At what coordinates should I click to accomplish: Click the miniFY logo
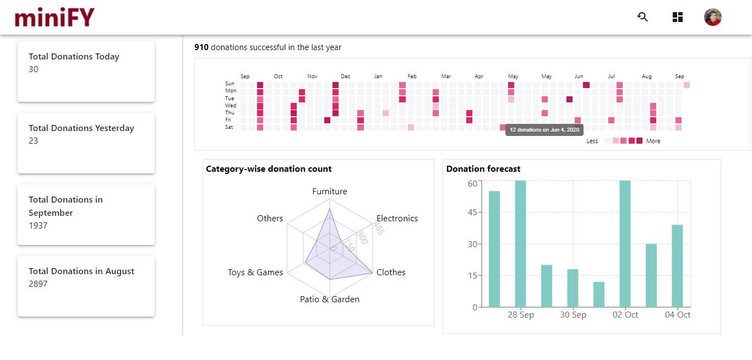(x=55, y=17)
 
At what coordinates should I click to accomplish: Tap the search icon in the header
(x=642, y=17)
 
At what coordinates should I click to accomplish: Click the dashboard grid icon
(x=678, y=17)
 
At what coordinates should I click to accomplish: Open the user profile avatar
(x=713, y=17)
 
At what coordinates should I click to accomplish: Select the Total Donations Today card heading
(x=74, y=57)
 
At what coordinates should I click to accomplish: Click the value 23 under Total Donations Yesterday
(x=34, y=141)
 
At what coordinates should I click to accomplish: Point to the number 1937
(x=38, y=226)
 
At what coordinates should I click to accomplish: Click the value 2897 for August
(x=38, y=284)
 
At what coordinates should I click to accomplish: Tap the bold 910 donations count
(x=201, y=47)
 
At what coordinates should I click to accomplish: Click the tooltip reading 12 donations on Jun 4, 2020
(x=544, y=130)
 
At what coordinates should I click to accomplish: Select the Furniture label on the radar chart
(x=330, y=192)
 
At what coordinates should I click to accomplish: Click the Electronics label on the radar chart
(x=397, y=219)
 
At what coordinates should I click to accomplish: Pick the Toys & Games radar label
(x=255, y=272)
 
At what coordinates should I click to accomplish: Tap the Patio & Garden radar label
(x=330, y=299)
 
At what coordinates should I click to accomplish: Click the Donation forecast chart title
(x=483, y=169)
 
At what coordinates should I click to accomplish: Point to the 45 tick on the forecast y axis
(x=472, y=212)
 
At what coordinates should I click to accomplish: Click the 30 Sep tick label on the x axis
(x=573, y=315)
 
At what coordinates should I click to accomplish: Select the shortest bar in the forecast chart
(x=599, y=294)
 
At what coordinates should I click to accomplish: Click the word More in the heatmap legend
(x=653, y=141)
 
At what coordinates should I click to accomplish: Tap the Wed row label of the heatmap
(x=231, y=106)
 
